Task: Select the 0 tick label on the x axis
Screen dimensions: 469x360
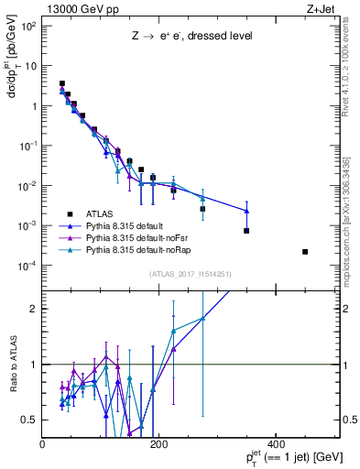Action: pos(43,444)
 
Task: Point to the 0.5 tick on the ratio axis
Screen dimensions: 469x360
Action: pos(31,420)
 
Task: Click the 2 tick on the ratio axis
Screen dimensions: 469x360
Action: pos(35,309)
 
